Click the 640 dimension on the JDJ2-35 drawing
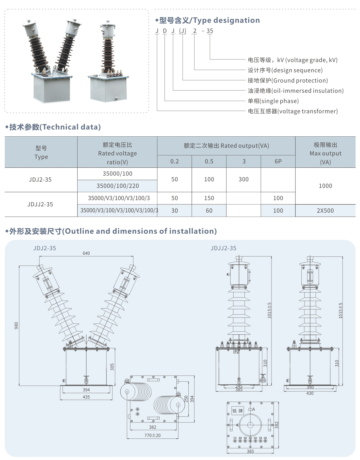[86, 253]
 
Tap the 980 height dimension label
[16, 326]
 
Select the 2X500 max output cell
[325, 211]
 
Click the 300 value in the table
[244, 179]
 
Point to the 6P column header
[278, 161]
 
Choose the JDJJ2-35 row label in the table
[40, 204]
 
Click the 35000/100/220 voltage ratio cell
[118, 186]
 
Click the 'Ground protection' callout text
[300, 81]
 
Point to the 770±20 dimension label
[153, 435]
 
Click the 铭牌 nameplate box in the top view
[238, 411]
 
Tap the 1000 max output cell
[325, 186]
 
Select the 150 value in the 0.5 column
[209, 198]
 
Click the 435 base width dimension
[86, 397]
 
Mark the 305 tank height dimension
[112, 367]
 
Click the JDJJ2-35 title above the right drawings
[223, 248]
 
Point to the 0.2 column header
[174, 161]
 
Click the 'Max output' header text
[325, 153]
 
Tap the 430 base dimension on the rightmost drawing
[310, 393]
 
